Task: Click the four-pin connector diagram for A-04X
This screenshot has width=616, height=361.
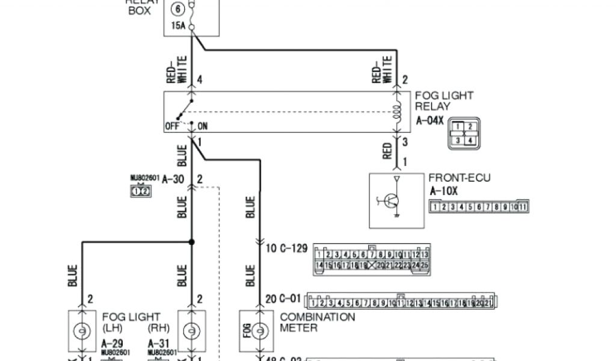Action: tap(464, 133)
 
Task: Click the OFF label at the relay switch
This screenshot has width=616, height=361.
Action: tap(173, 126)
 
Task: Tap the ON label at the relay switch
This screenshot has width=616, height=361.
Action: tap(202, 126)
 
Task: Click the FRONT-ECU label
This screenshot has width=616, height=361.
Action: tap(459, 178)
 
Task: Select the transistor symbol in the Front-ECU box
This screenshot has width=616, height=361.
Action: tap(389, 202)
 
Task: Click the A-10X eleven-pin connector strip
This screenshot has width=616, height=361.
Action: tap(479, 207)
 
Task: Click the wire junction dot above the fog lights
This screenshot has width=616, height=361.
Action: tap(191, 242)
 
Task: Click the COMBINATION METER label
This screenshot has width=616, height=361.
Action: tap(317, 322)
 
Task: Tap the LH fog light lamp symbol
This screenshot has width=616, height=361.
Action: tap(79, 331)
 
